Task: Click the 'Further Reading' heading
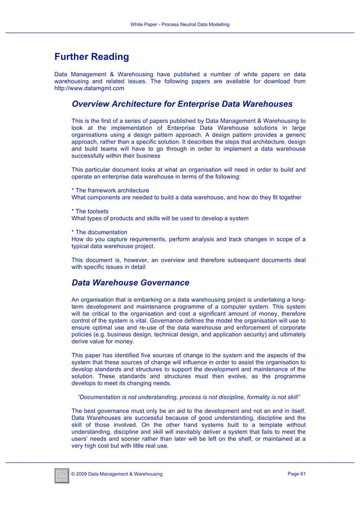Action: pos(91,57)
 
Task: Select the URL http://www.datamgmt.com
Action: pos(89,89)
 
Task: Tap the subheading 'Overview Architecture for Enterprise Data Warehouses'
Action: pos(182,104)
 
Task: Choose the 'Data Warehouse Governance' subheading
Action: pos(130,283)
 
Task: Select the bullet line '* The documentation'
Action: pos(99,232)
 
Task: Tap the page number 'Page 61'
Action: pos(296,473)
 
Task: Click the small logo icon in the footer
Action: pos(61,475)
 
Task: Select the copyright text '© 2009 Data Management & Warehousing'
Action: pos(117,473)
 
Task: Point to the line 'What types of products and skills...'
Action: pos(160,218)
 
